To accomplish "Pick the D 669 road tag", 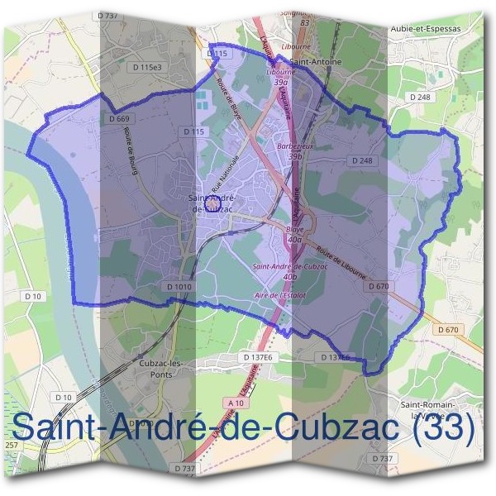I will coord(119,119).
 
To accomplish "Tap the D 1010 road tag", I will coord(178,287).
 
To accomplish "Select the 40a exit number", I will coord(294,239).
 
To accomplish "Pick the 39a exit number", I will coord(281,83).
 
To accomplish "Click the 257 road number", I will coord(11,446).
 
